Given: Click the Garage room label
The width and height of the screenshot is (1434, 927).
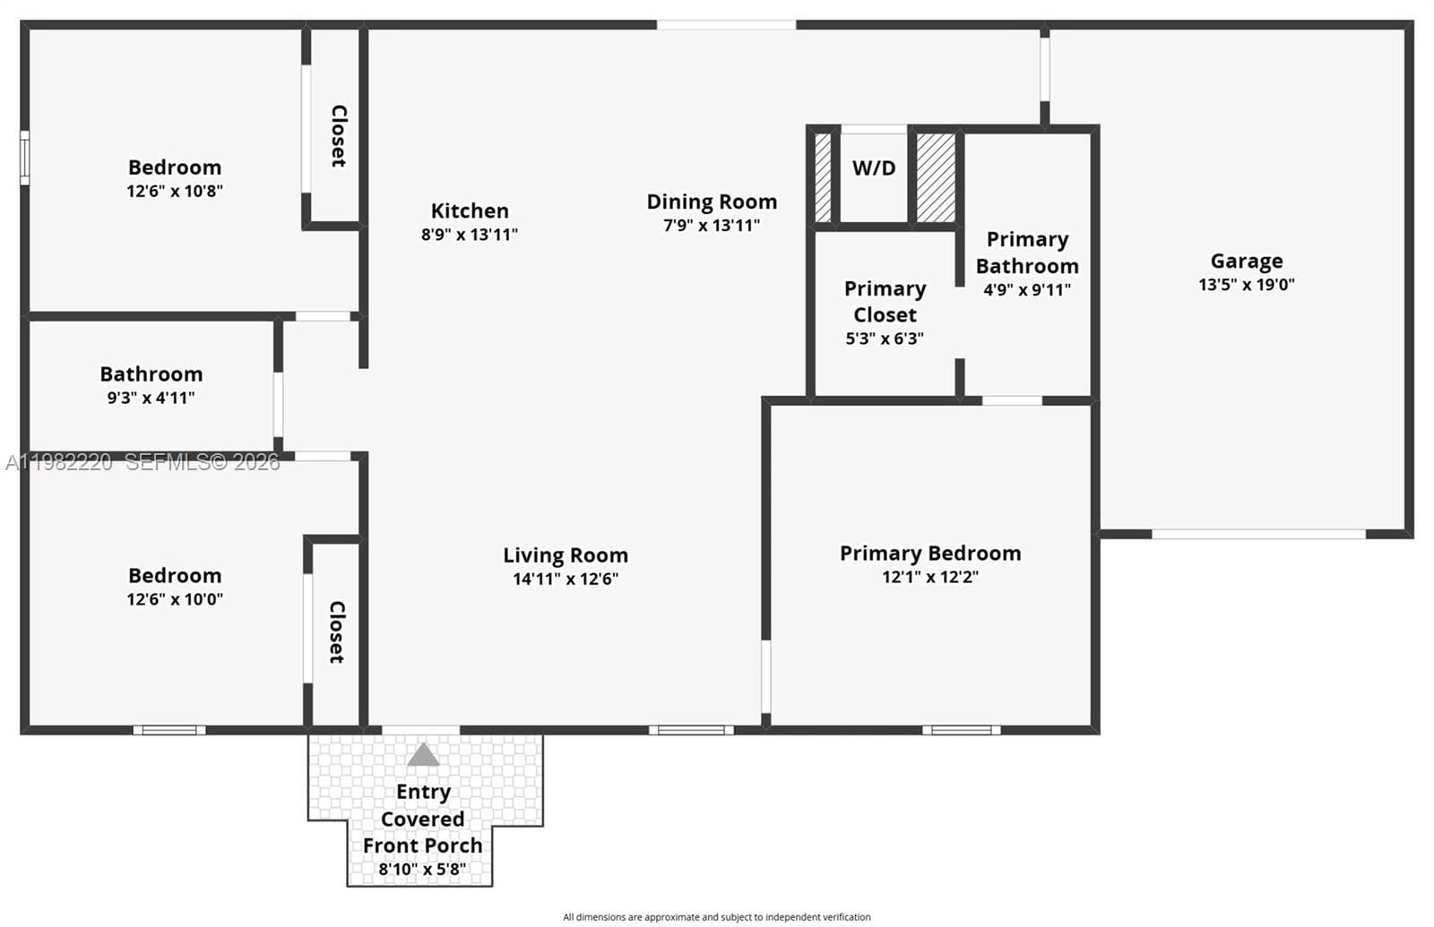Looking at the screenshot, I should click(1246, 261).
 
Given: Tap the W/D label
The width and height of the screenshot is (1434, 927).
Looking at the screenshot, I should click(873, 168).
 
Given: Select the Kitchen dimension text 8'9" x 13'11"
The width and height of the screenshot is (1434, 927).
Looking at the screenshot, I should click(470, 235).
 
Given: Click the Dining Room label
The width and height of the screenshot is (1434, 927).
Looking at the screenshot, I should click(712, 202).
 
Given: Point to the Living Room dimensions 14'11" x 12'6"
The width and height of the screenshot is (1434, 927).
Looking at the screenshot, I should click(566, 579).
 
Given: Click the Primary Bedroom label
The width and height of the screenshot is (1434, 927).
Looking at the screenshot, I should click(930, 553).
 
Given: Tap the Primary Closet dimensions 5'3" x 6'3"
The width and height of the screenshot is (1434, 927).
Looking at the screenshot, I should click(885, 339).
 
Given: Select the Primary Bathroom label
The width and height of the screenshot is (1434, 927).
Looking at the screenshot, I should click(1027, 253).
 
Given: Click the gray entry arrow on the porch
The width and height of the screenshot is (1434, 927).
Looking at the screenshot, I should click(423, 755).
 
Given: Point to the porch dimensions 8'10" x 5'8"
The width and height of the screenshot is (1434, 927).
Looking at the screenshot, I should click(422, 869).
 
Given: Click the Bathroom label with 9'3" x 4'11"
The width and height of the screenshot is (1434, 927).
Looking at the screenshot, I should click(151, 373).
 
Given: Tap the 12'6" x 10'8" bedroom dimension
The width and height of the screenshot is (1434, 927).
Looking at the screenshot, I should click(175, 191).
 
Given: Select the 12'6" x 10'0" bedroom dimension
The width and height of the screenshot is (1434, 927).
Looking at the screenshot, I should click(175, 599).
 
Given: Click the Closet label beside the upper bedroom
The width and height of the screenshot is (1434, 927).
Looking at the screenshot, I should click(338, 135).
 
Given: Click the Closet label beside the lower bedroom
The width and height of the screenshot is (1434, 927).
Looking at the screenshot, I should click(336, 631).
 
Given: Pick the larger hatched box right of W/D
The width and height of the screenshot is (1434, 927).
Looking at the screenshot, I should click(936, 177).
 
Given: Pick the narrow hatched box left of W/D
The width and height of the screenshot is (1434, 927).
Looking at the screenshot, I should click(823, 177).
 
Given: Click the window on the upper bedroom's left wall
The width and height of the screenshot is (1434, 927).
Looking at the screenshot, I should click(24, 158).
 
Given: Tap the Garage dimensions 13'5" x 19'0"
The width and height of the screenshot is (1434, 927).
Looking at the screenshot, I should click(1246, 285).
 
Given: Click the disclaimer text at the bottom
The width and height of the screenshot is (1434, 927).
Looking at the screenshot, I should click(716, 916).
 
